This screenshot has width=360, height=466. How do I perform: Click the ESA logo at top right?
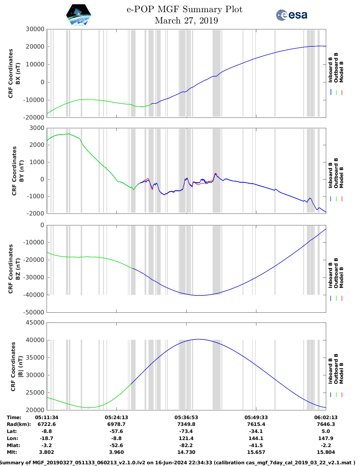click(291, 15)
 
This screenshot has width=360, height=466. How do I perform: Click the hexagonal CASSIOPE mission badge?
click(78, 15)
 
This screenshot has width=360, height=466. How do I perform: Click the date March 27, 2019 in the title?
click(186, 21)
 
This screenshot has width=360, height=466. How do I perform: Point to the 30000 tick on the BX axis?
click(35, 29)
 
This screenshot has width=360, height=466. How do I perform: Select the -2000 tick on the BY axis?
click(36, 214)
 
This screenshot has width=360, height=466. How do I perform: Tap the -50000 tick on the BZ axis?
click(34, 312)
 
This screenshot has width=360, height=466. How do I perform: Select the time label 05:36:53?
click(186, 417)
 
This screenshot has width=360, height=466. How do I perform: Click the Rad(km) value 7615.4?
click(256, 424)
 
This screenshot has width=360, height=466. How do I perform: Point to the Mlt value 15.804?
click(326, 452)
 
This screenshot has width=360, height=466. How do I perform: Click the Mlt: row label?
click(12, 452)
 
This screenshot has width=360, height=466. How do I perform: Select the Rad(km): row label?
click(19, 424)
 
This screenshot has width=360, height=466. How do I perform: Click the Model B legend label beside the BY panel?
click(341, 177)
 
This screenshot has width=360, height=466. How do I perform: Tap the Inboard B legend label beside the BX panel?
click(330, 70)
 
